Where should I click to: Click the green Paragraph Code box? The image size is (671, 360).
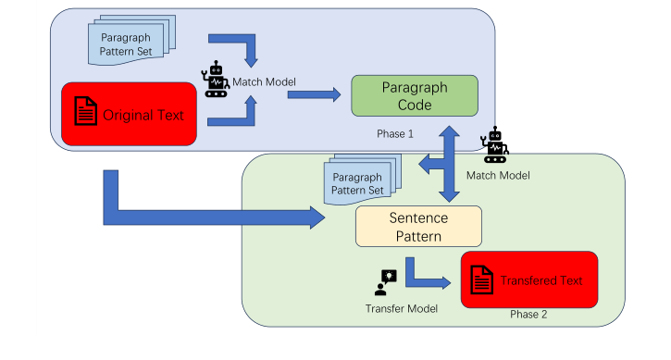(414, 96)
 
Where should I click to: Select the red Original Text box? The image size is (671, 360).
(129, 114)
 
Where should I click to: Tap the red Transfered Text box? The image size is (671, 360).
(528, 279)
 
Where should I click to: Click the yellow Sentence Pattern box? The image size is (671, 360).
(418, 227)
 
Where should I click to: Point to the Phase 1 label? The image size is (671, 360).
(395, 133)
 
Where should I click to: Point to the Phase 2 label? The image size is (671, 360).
(528, 315)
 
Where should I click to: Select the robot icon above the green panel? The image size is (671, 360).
(496, 144)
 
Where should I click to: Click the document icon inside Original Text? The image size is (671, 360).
(86, 114)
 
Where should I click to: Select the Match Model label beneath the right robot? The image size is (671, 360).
(500, 173)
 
